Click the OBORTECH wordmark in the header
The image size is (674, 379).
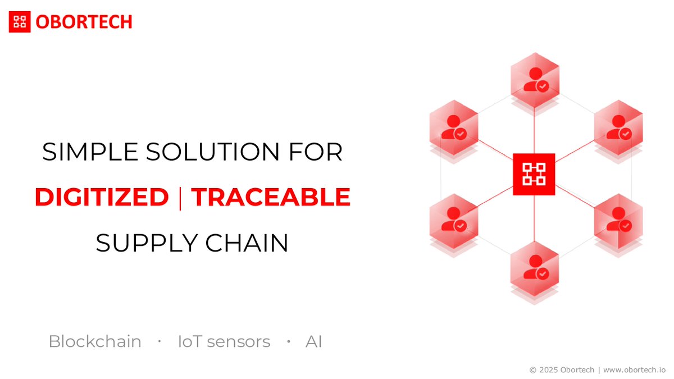(84, 22)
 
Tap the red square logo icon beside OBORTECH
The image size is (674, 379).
(20, 22)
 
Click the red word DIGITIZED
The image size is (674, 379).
(102, 198)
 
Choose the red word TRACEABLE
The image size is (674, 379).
(271, 198)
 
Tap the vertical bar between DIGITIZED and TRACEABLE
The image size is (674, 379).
(180, 198)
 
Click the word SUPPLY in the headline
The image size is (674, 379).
(145, 243)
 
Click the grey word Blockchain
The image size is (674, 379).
(95, 341)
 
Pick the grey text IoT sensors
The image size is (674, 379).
(224, 341)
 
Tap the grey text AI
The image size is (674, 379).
(313, 341)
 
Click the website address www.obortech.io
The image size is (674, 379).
(635, 370)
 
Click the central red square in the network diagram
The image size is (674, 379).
(534, 174)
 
